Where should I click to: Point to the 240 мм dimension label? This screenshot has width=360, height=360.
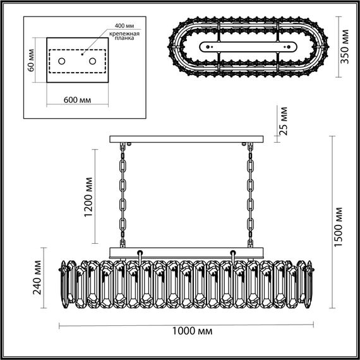tap(39, 280)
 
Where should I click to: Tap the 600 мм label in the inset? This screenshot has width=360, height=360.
tap(80, 100)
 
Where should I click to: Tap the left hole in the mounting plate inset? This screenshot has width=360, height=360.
tap(63, 61)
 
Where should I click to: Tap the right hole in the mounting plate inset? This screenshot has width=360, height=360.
tap(92, 61)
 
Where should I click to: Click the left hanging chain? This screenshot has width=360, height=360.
tap(122, 196)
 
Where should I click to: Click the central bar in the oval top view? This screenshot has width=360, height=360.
tap(248, 45)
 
